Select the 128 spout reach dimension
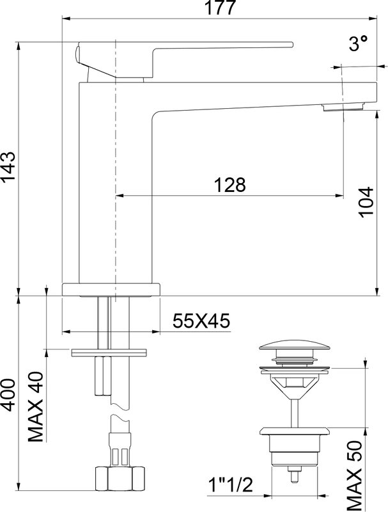(229, 185)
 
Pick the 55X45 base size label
(201, 321)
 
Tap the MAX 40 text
(36, 406)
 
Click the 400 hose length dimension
(8, 394)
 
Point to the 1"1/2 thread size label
(231, 485)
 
